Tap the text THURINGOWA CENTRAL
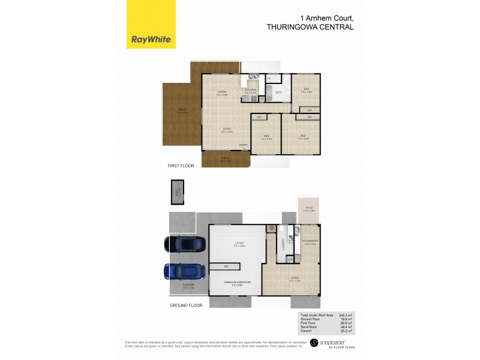tap(309, 27)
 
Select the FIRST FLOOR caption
tap(181, 165)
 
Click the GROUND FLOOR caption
tap(185, 305)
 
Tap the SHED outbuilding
tap(177, 193)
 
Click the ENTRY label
tap(243, 145)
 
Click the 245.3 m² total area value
tap(345, 315)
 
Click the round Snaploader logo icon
tap(313, 343)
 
